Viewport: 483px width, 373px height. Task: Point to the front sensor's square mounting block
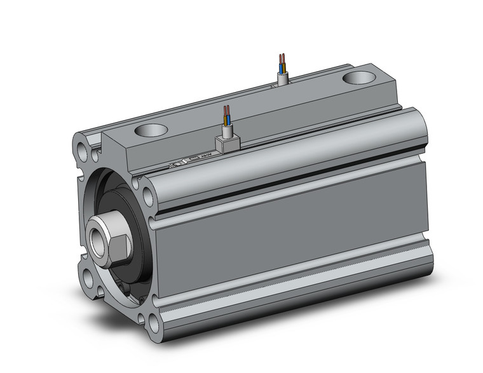point(227,142)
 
